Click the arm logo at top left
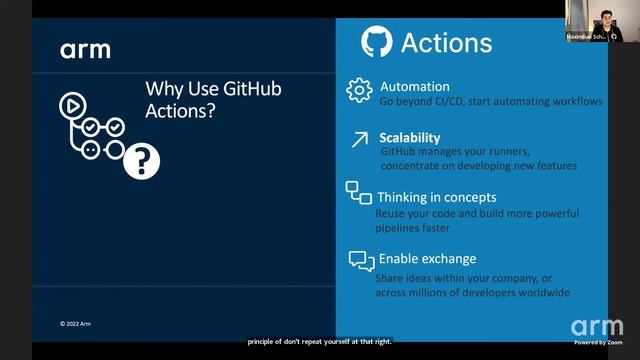point(85,50)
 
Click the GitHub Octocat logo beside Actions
point(376,42)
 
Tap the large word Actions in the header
point(446,43)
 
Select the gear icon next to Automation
point(359,90)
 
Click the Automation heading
point(415,86)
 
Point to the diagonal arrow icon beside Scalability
point(358,141)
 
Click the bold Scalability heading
point(410,137)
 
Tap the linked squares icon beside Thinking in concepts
point(358,193)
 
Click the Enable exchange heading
point(427,259)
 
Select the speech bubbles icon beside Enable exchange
point(361,260)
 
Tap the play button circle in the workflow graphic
point(72,103)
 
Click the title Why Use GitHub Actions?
point(213,100)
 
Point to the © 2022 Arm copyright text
point(75,323)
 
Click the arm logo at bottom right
point(596,327)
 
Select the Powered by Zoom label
point(597,342)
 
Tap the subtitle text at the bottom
point(320,341)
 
